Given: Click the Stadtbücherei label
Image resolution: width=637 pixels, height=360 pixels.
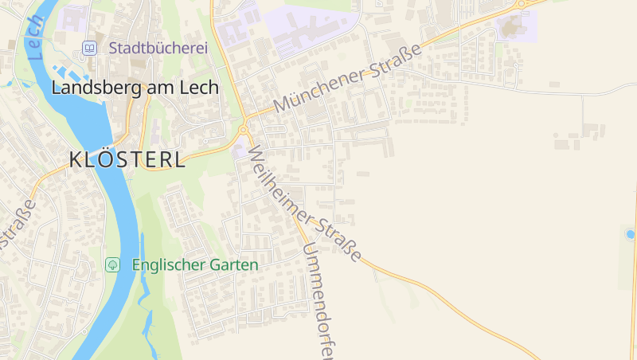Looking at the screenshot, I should coord(158,49).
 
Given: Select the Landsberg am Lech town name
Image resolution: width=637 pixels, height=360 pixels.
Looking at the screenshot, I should coord(135,88).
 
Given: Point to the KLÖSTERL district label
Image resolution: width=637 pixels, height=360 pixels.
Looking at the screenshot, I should coord(127,159).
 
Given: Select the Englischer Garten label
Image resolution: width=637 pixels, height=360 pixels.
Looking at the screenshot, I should coord(195,264).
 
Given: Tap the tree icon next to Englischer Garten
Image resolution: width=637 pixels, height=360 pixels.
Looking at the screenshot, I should coord(113,264).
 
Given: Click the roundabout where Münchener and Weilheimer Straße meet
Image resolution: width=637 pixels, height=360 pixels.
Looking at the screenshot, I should coord(243,130).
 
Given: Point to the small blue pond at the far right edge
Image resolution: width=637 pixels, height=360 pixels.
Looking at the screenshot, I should coord(631,234).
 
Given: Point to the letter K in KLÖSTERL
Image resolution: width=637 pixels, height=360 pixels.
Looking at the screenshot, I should coord(76,159).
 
